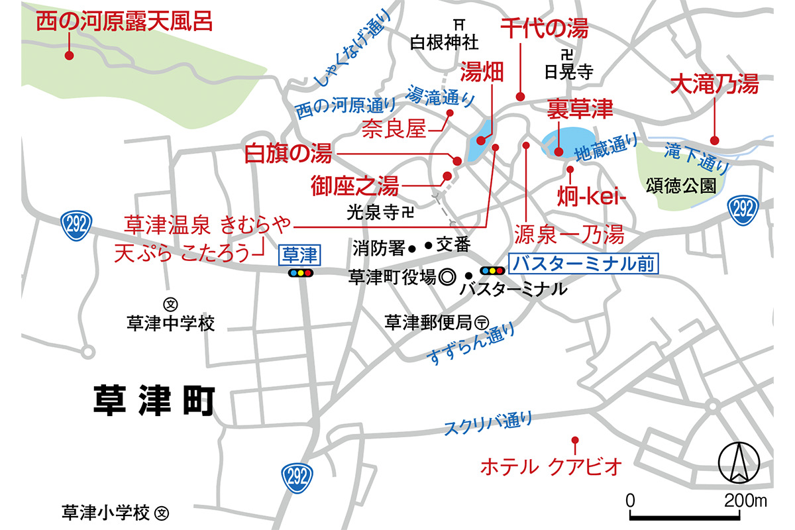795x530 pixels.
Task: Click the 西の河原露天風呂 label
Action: (124, 22)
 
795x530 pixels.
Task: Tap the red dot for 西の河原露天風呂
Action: (68, 56)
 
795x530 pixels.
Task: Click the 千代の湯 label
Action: (544, 28)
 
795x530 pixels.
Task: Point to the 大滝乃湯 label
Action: (714, 84)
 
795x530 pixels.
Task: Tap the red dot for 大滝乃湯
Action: (715, 140)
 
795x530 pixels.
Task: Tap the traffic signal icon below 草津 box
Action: (300, 272)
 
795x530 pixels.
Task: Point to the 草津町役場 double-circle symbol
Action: (447, 276)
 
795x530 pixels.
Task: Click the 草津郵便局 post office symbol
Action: (482, 323)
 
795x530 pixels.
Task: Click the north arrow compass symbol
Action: (737, 462)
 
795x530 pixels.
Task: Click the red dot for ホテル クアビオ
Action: (575, 440)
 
